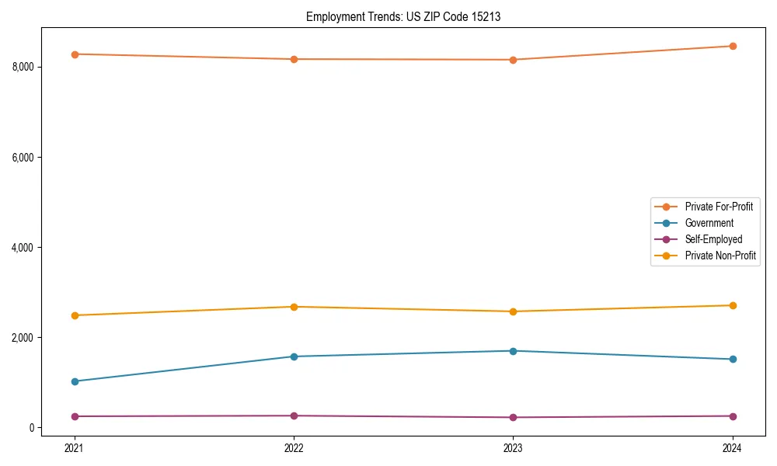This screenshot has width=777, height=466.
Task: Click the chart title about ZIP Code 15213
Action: tap(402, 16)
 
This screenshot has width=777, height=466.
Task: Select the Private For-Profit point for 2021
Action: tap(75, 54)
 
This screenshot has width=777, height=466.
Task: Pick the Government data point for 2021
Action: tap(75, 381)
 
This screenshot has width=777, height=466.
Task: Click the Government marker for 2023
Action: tap(513, 351)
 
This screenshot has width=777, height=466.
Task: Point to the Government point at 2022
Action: tap(294, 356)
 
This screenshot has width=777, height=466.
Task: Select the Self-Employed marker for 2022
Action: tap(294, 416)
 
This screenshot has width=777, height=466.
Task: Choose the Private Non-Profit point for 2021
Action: tap(75, 315)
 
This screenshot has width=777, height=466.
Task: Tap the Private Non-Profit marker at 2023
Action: tap(513, 311)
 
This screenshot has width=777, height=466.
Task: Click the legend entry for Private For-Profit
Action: tap(718, 207)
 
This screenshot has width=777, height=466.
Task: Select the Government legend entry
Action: tap(709, 223)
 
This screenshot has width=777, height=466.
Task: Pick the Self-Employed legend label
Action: tap(713, 239)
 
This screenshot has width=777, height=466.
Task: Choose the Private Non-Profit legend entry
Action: tap(720, 256)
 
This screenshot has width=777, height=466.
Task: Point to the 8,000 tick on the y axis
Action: tap(23, 67)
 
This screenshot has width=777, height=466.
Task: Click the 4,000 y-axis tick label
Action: tap(23, 248)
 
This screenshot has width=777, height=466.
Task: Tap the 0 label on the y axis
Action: tap(31, 428)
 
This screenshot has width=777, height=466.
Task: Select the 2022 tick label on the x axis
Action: tap(294, 447)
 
